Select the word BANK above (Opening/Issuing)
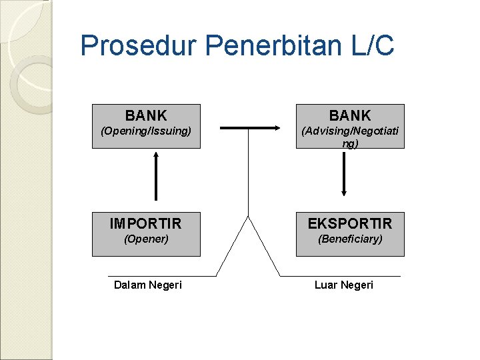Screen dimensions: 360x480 point(146,116)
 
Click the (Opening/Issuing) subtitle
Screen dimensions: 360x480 point(146,131)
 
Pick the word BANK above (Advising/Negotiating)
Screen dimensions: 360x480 point(349,116)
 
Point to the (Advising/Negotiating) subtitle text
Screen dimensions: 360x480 point(350,137)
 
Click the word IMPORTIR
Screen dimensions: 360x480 point(146,223)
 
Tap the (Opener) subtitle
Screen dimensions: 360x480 point(146,239)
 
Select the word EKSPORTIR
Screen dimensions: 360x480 point(350,223)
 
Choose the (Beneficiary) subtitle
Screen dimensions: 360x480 point(350,239)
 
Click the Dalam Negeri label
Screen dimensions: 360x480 point(147,285)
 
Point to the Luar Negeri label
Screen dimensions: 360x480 point(344,285)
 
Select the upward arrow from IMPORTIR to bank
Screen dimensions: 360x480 point(156,177)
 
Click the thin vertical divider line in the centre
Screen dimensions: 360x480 point(249,173)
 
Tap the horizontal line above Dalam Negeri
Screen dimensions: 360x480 point(162,275)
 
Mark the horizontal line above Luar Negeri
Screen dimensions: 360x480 point(340,275)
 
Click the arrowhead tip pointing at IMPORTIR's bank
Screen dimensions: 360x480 point(156,152)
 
